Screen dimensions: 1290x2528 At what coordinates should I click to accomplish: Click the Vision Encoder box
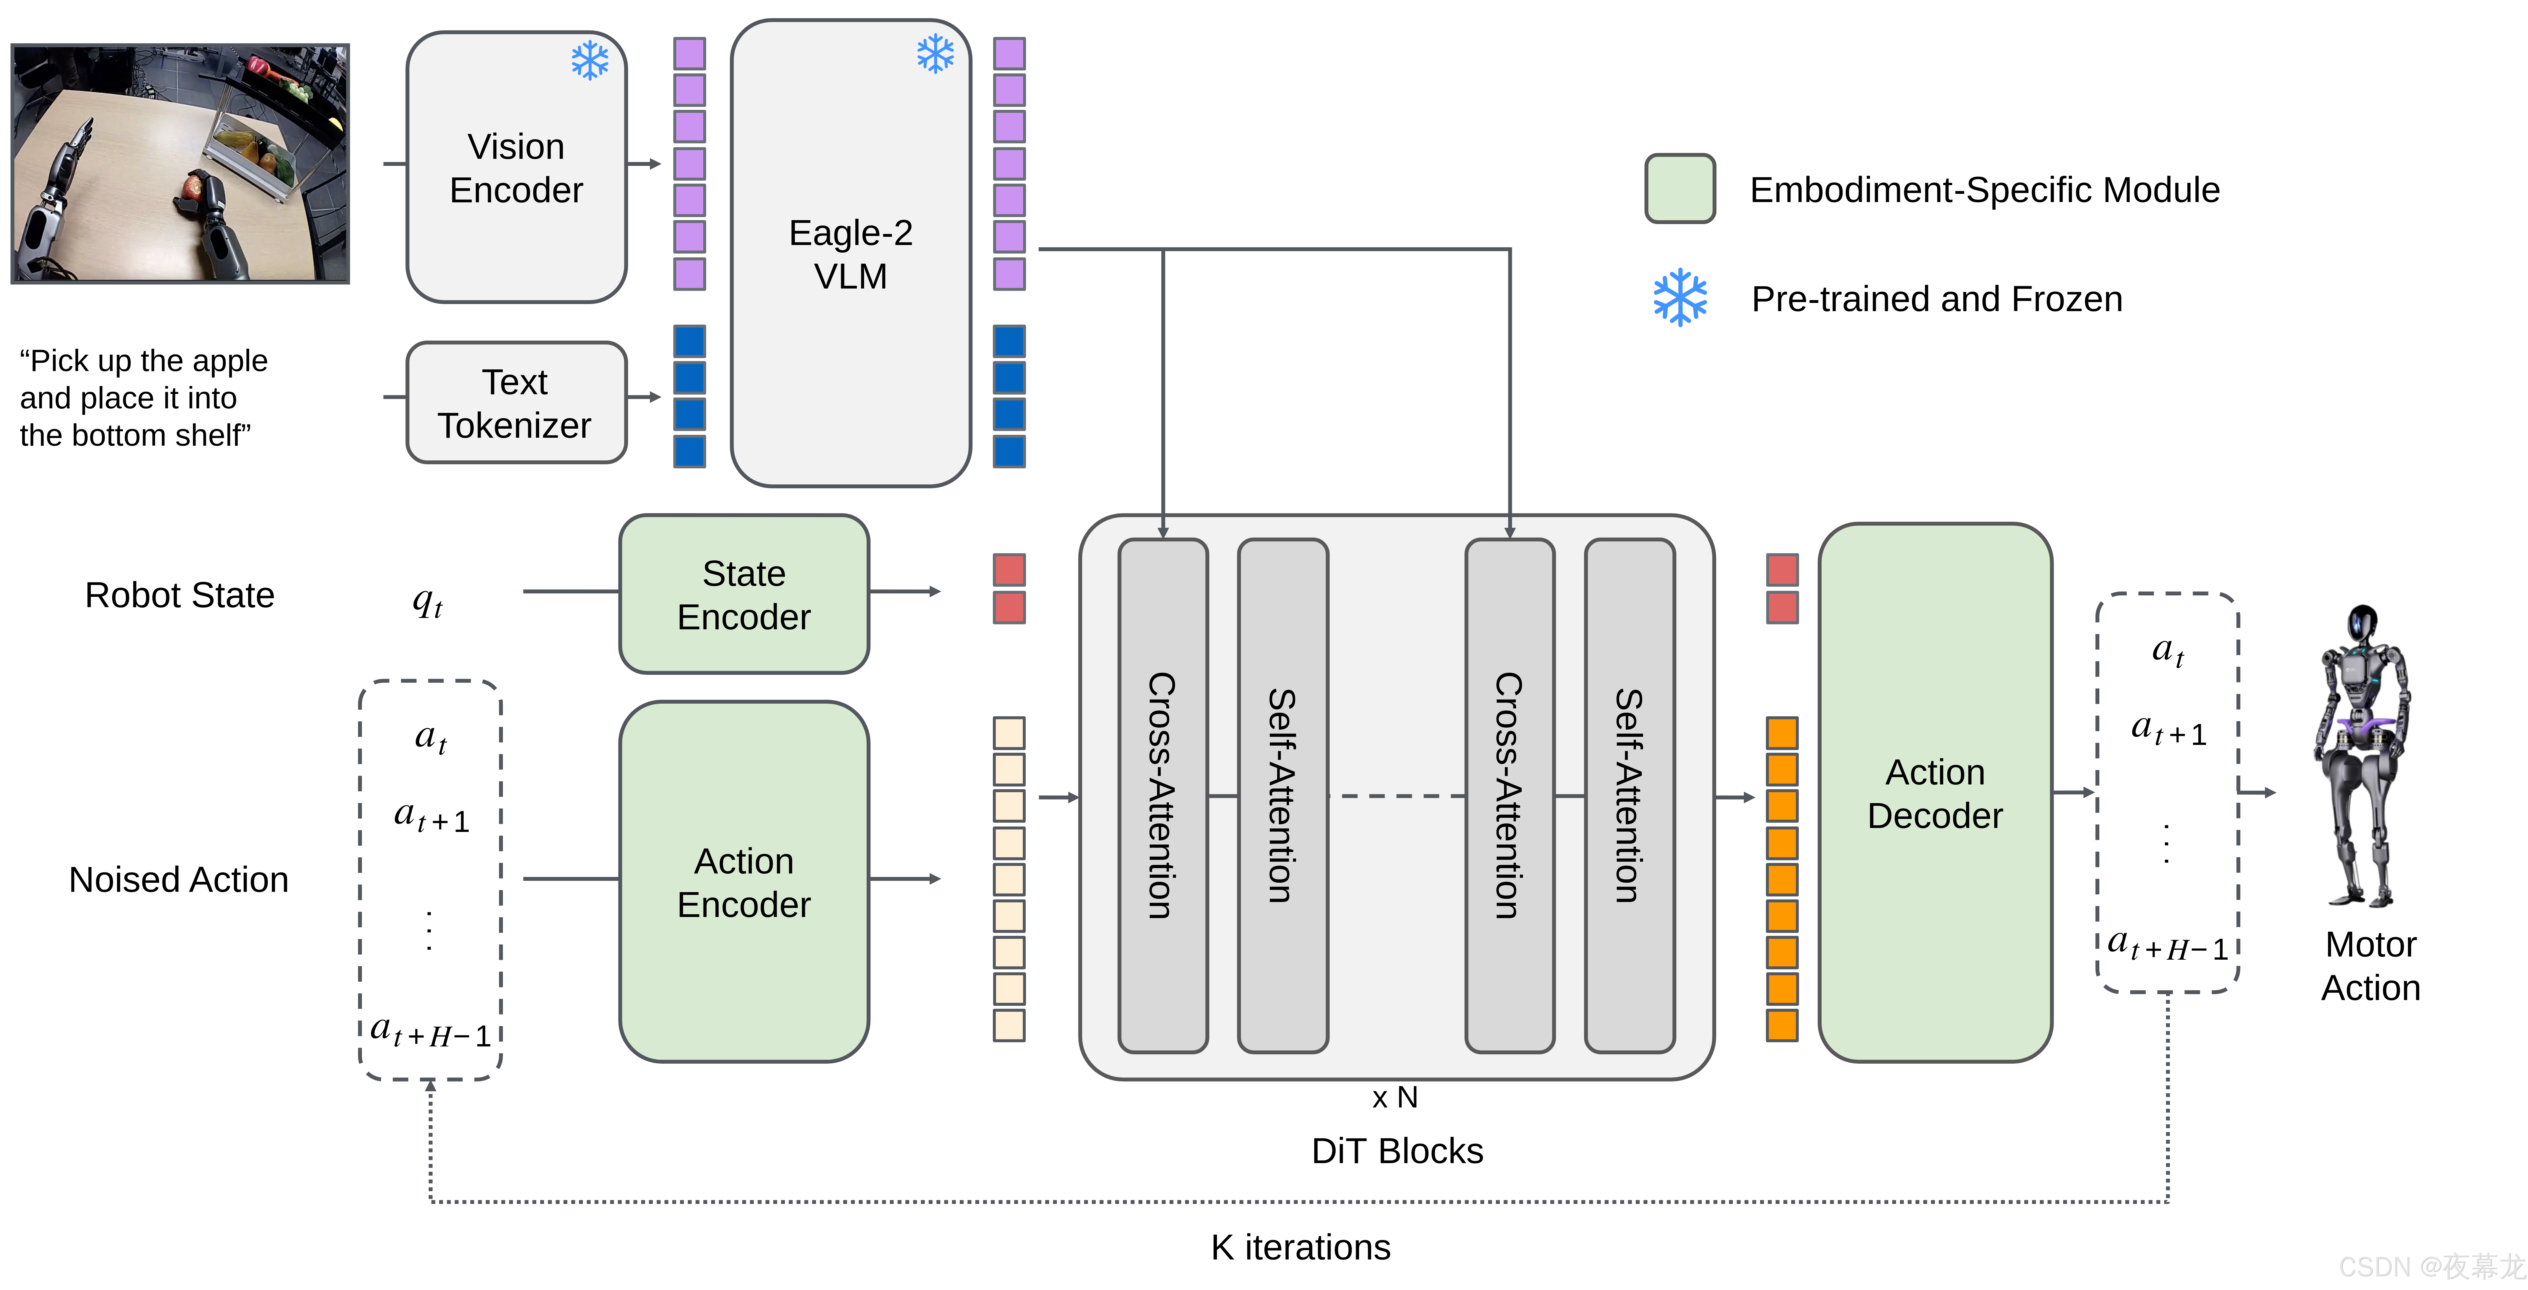click(x=516, y=167)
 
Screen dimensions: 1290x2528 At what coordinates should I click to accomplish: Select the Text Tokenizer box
click(x=516, y=402)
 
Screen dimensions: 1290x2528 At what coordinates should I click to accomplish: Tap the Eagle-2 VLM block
click(x=850, y=253)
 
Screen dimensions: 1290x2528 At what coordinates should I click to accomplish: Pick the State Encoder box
click(x=744, y=594)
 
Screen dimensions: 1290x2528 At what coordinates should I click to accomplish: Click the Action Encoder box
click(x=744, y=882)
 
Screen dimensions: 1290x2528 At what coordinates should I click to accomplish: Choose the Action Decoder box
click(x=1934, y=793)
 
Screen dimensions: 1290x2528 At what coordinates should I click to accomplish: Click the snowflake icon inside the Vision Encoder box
click(x=590, y=61)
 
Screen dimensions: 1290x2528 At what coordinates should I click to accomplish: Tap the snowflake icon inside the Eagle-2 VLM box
click(x=935, y=54)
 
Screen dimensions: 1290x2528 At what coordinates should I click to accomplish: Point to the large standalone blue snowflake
click(x=1680, y=298)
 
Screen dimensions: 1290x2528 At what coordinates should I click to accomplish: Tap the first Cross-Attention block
click(x=1163, y=795)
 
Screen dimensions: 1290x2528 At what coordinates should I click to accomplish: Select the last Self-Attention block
click(x=1629, y=795)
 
